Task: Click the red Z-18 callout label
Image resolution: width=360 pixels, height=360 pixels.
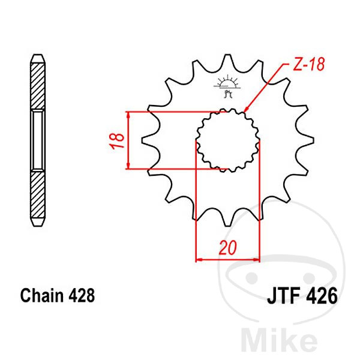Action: coord(309,64)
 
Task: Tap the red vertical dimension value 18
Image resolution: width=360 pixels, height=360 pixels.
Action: coord(117,141)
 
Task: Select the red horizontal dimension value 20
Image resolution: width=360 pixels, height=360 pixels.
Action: coord(227,248)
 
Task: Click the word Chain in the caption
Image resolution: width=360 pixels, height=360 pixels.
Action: coord(42,295)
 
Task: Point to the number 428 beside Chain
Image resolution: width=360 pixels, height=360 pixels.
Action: coord(82,296)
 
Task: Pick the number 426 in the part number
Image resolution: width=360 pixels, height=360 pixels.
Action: coord(322,296)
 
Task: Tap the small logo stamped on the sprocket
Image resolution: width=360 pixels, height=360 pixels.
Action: coord(227,86)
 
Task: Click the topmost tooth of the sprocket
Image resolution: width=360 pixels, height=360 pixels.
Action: coord(227,60)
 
